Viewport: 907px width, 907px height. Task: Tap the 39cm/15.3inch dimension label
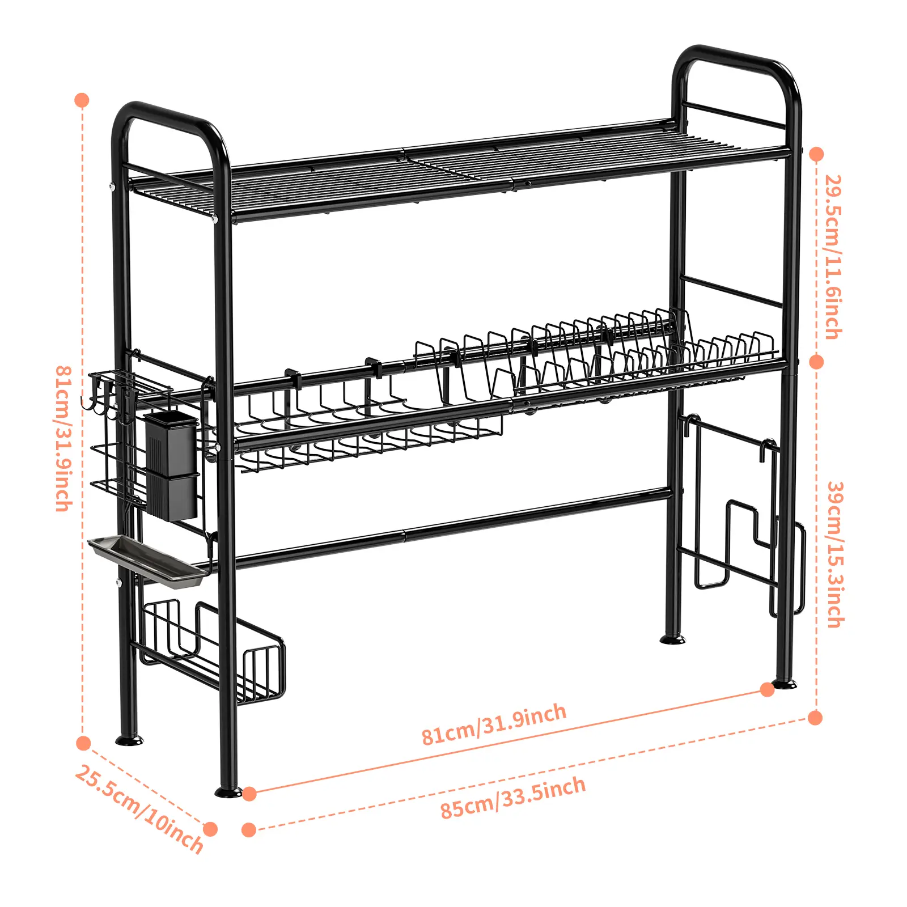coord(835,554)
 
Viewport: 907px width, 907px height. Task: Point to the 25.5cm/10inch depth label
coord(139,809)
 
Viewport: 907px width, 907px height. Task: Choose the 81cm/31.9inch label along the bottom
coord(494,724)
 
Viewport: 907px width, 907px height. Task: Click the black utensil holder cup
coord(172,465)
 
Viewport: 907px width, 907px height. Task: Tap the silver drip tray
coord(147,561)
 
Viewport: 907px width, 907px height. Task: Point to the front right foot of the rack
coord(785,685)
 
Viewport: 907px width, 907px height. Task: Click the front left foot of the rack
coord(228,791)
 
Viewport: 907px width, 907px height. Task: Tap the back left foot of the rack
coord(129,740)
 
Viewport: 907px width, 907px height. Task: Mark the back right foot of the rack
coord(673,639)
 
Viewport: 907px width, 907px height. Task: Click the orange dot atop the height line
coord(82,101)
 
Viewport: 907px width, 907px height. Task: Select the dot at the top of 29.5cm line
coord(816,154)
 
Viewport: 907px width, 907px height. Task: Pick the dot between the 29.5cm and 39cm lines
coord(816,362)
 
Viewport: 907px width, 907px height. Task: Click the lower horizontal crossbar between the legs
coord(453,527)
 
